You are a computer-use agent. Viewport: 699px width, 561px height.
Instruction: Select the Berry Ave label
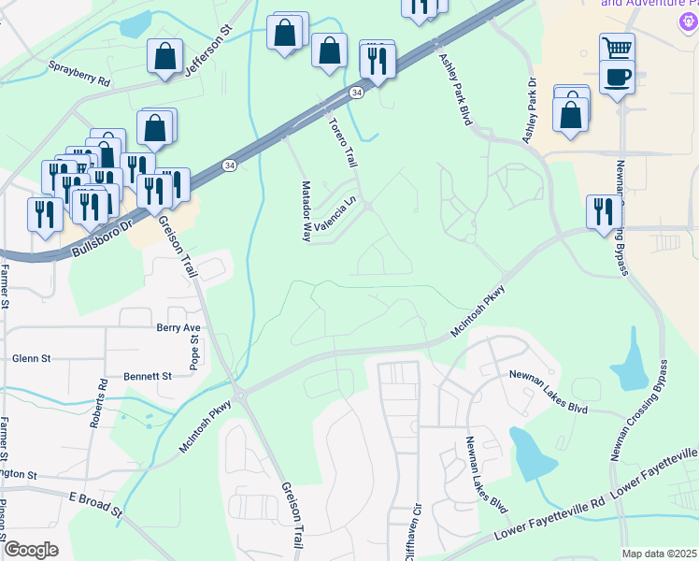click(179, 327)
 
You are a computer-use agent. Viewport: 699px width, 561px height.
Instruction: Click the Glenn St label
click(31, 358)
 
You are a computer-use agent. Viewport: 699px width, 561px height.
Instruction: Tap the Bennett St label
click(148, 376)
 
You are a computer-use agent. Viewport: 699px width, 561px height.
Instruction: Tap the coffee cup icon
click(617, 77)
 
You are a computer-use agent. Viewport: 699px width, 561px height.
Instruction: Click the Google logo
click(31, 550)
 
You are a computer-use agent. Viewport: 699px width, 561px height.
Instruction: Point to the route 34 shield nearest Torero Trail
click(357, 93)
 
